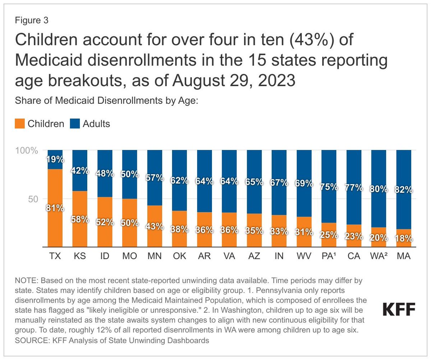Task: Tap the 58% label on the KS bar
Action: (x=80, y=219)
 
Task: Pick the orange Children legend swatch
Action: (x=20, y=124)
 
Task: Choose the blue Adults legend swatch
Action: (x=75, y=124)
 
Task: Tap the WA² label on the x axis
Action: (x=379, y=257)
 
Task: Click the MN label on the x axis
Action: (x=154, y=257)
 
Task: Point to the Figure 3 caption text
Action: (x=32, y=20)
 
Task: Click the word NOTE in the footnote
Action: (x=24, y=279)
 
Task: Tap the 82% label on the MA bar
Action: (x=403, y=190)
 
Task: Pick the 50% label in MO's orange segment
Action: (x=130, y=223)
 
